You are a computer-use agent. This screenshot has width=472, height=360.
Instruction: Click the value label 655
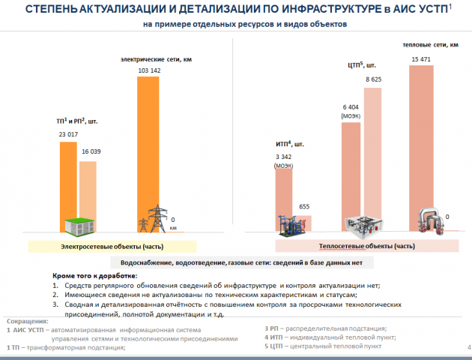tap(304, 207)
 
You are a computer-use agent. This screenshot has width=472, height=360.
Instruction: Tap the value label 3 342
tap(284, 157)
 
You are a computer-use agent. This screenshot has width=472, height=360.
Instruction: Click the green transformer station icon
tap(79, 226)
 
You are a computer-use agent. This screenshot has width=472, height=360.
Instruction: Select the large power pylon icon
tap(157, 218)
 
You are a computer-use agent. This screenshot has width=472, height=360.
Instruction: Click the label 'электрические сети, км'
tap(157, 59)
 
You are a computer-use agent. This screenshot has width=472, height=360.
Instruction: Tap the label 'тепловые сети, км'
tap(431, 45)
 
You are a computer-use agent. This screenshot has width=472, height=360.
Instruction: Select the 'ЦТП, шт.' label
tap(362, 65)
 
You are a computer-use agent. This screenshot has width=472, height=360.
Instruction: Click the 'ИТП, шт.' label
tap(290, 144)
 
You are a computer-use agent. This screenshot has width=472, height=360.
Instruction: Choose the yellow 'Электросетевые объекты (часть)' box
tap(112, 247)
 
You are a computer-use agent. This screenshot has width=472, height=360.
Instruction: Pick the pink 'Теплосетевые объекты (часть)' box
tap(367, 246)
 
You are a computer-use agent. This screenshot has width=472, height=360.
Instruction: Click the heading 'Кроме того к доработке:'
tap(95, 276)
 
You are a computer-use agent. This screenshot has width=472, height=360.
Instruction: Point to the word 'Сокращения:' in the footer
tap(28, 322)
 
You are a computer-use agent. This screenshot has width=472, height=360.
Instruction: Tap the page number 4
tap(469, 347)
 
